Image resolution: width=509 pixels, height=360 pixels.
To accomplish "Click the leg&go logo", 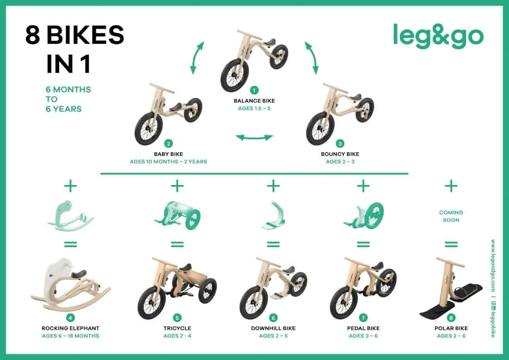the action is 438,36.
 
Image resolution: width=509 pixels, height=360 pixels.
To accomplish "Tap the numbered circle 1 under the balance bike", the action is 254,90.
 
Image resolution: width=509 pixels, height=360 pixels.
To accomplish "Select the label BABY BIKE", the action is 168,154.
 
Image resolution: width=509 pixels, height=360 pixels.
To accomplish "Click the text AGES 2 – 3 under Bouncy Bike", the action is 340,161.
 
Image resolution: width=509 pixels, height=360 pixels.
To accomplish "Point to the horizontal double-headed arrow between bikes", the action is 254,137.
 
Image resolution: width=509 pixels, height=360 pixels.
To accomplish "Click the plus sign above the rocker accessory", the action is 70,186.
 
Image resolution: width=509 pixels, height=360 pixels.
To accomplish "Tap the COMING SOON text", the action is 451,216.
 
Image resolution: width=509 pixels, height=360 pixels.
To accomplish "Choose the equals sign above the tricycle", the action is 177,244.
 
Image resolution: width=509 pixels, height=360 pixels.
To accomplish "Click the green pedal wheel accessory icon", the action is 364,215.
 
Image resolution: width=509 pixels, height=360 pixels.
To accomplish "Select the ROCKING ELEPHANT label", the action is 70,328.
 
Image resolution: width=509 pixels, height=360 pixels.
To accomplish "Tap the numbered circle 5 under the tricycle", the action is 177,318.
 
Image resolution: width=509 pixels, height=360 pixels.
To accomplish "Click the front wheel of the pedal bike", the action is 344,302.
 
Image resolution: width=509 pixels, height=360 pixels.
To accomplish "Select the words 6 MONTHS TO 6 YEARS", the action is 68,99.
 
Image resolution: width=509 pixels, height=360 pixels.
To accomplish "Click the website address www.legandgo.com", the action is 493,266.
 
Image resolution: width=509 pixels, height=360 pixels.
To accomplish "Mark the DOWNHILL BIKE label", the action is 273,328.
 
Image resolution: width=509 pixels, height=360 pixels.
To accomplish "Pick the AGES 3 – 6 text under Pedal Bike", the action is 363,336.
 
